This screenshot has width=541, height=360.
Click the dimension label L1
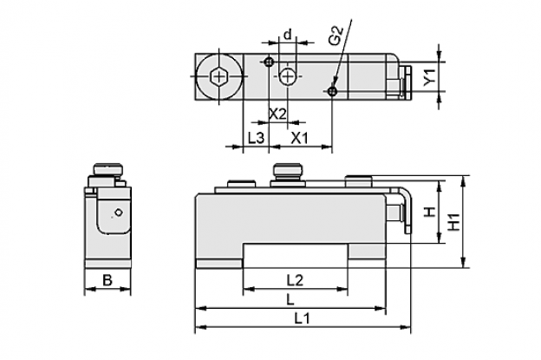(x=302, y=318)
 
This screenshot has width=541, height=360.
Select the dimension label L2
(x=295, y=280)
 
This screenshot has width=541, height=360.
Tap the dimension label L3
(x=256, y=138)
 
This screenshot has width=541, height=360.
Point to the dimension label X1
(x=299, y=138)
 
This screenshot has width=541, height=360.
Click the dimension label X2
(x=277, y=114)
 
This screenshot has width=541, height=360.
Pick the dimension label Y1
(x=430, y=77)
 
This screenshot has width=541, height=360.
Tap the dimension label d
(x=288, y=35)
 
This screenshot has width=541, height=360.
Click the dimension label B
(x=108, y=280)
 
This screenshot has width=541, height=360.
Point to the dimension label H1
(x=453, y=222)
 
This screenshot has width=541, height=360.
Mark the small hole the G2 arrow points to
(x=332, y=91)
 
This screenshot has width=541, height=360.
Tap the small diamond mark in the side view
(x=119, y=213)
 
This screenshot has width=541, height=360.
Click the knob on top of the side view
(x=108, y=169)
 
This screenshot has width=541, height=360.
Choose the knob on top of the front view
(x=288, y=170)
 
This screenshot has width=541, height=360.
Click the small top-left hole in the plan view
(x=269, y=62)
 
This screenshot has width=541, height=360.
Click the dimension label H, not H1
(x=430, y=212)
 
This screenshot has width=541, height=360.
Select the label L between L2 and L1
(x=290, y=299)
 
